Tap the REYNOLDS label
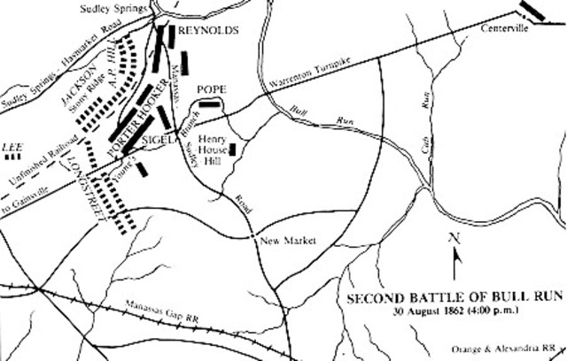pos(208,30)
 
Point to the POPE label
pos(213,89)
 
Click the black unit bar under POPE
pos(210,104)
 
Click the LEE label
pos(12,145)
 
